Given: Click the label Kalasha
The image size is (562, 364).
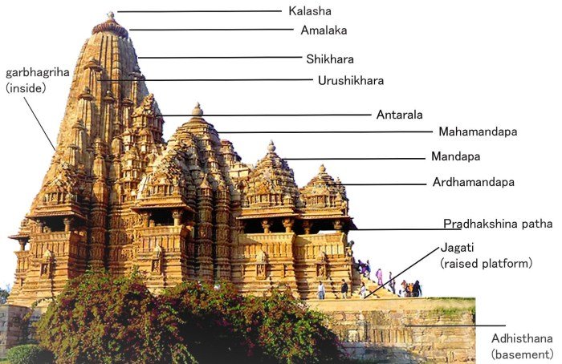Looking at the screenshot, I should pos(309,11).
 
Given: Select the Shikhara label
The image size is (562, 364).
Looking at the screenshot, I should pos(329,59).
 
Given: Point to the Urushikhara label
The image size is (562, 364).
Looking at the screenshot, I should pos(350,80).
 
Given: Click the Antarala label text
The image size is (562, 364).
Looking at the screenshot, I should pos(399,115).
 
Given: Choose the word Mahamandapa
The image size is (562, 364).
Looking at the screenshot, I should pos(477,131).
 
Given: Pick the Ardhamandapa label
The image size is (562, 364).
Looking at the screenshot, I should pos(472,182).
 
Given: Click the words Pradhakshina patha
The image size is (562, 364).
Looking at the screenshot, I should pos(498,224).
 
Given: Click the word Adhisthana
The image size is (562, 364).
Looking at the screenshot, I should pos(522,339).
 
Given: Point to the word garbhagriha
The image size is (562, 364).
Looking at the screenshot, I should pos(38,72).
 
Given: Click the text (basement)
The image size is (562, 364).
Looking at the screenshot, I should pos(522,354).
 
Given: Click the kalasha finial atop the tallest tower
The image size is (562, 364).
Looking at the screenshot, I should pos(110,16).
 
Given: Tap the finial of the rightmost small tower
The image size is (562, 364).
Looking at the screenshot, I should pos(322,169).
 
